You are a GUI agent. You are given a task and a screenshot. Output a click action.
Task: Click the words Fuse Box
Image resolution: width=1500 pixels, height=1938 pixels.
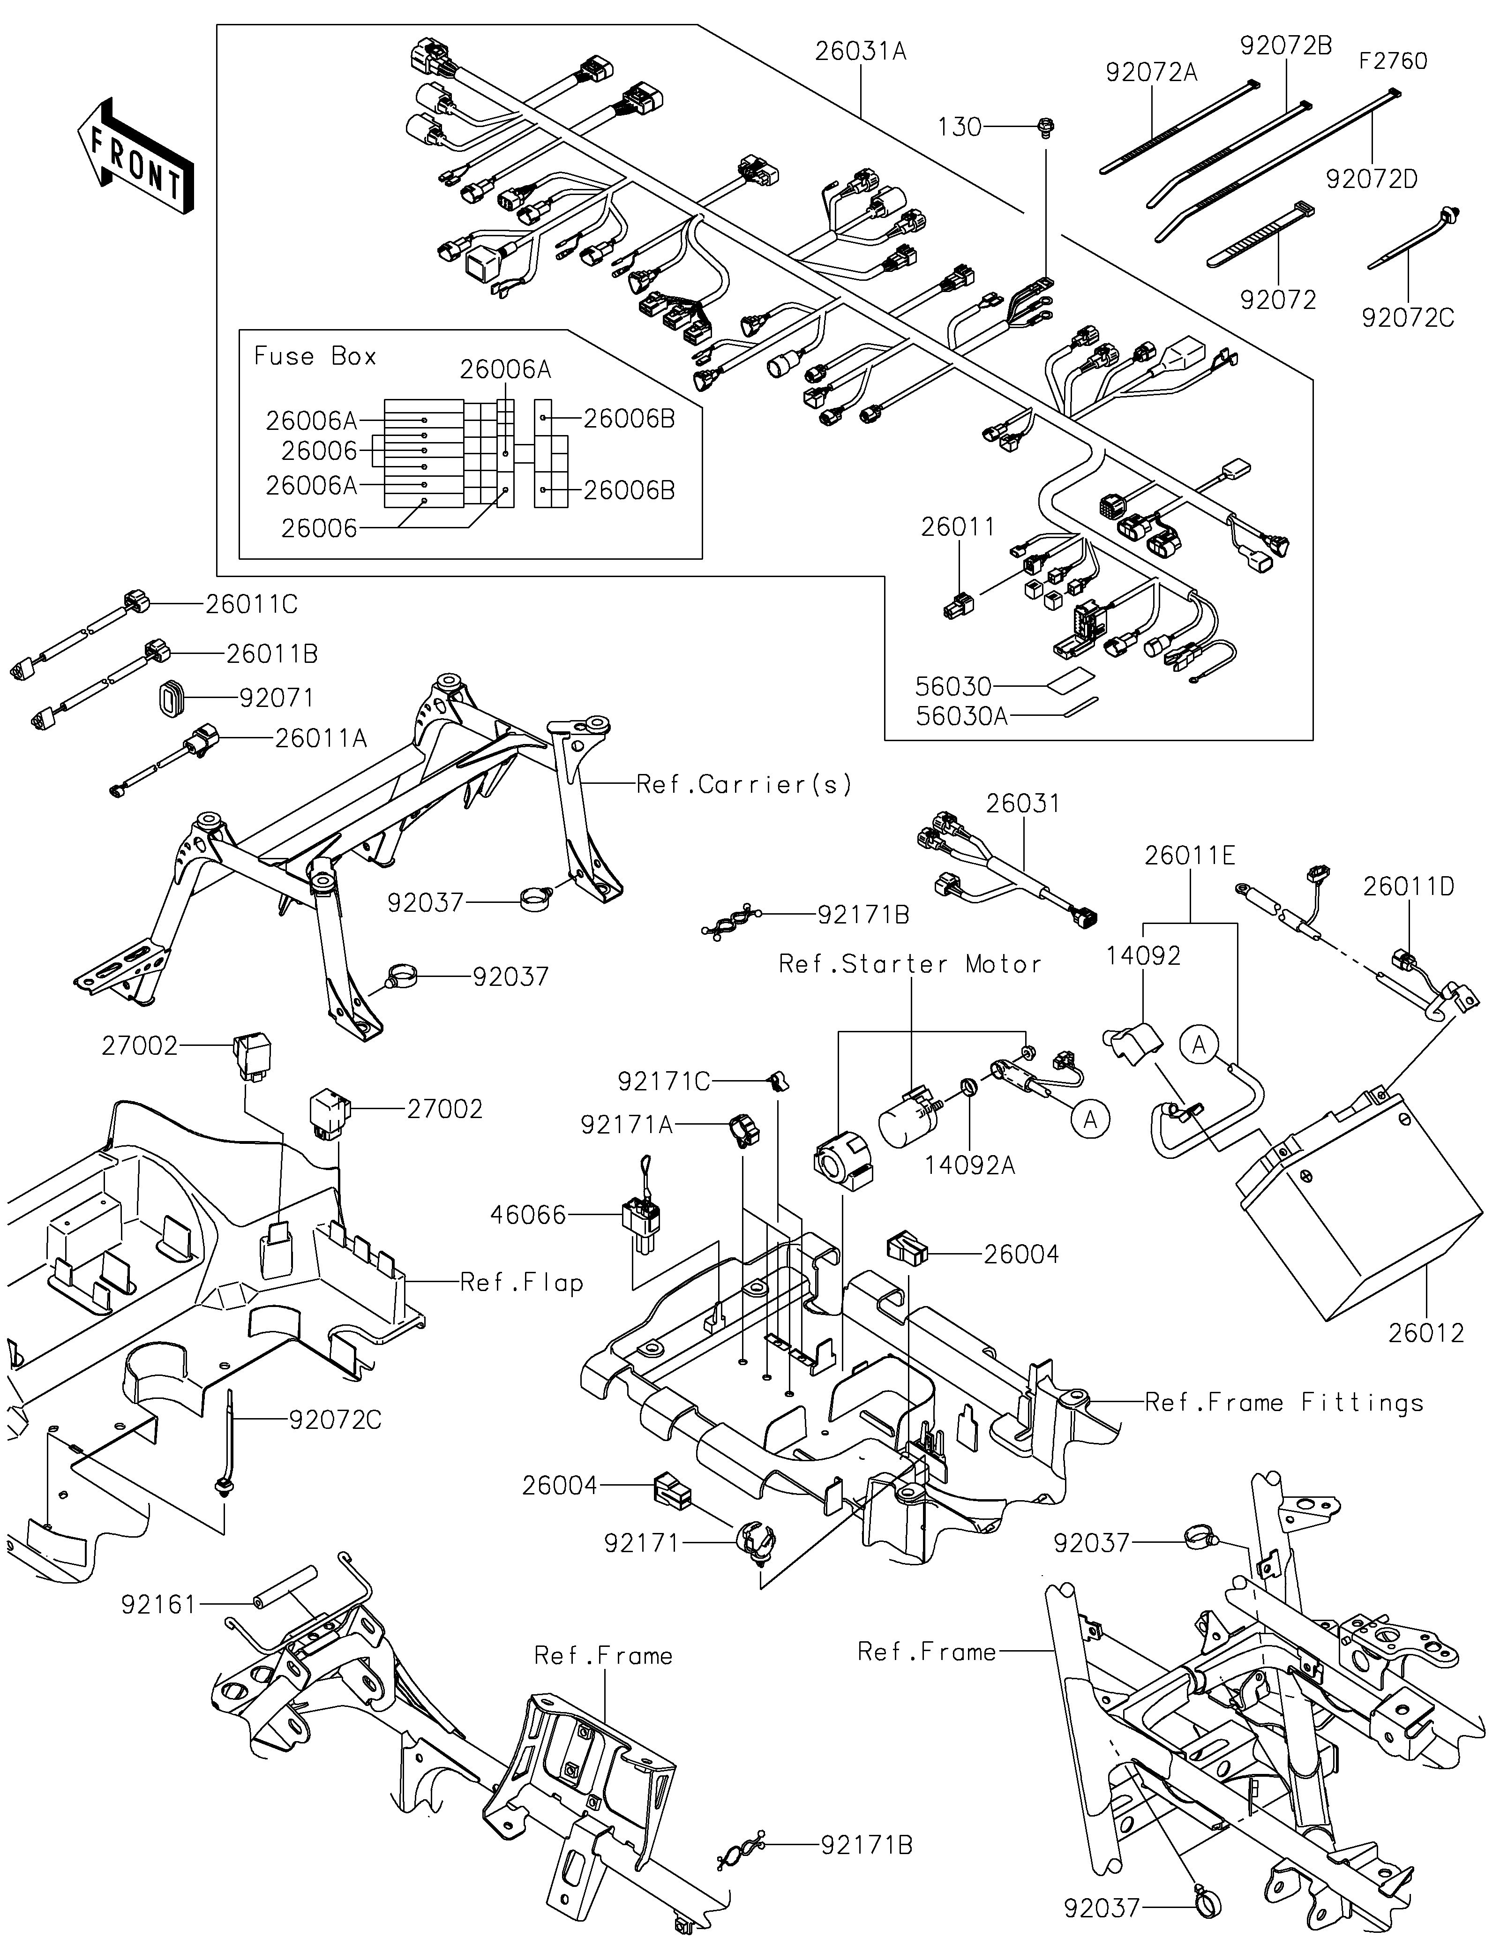(315, 357)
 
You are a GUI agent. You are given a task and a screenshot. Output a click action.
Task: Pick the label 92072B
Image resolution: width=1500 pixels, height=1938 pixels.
(1285, 46)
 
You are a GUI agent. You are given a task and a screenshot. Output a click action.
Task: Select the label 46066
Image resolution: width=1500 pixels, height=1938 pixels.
(529, 1215)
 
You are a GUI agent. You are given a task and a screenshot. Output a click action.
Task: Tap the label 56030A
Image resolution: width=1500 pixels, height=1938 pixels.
(961, 716)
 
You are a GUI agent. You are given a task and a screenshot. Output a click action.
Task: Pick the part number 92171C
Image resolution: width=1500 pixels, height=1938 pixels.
(663, 1081)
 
